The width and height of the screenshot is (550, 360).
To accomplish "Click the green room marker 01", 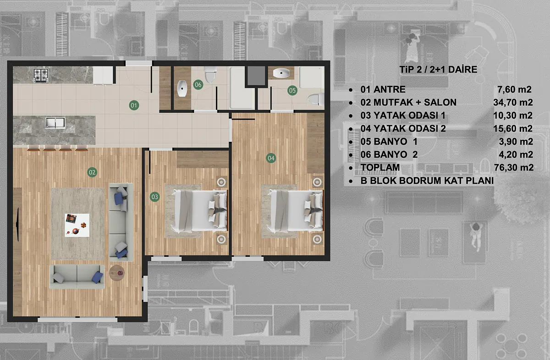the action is [x=134, y=105].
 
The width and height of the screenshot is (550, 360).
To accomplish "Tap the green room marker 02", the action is [x=92, y=172].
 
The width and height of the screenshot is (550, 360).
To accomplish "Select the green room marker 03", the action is [x=155, y=197].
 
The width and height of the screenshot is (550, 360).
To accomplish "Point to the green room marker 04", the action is [x=271, y=158].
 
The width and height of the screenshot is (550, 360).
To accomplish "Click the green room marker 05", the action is [x=292, y=90].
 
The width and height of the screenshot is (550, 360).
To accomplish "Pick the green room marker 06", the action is [x=198, y=85].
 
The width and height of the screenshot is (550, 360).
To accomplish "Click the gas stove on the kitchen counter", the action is [x=41, y=75].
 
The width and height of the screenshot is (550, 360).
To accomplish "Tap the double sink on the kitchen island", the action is [x=55, y=122].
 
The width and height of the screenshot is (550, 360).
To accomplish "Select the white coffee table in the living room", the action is [x=77, y=225].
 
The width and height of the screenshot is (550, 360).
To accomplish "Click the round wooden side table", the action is [x=117, y=273].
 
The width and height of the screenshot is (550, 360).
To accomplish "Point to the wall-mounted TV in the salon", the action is [x=18, y=225].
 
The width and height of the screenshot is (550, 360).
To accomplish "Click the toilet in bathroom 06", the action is [x=210, y=74].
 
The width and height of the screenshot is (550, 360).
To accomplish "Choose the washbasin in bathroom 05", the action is [x=281, y=73].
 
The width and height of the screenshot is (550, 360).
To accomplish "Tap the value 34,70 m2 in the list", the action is [x=513, y=102].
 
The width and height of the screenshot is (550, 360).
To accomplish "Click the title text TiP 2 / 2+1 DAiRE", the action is [x=438, y=70].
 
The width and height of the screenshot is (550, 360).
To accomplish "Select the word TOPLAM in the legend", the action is [x=380, y=167].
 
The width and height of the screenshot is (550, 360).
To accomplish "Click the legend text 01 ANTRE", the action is [x=383, y=89].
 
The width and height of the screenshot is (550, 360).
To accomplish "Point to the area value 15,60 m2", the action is [x=513, y=128].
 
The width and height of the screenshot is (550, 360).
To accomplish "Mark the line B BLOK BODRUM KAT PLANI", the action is [x=427, y=181].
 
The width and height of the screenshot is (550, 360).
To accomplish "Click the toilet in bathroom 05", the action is [x=316, y=100].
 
